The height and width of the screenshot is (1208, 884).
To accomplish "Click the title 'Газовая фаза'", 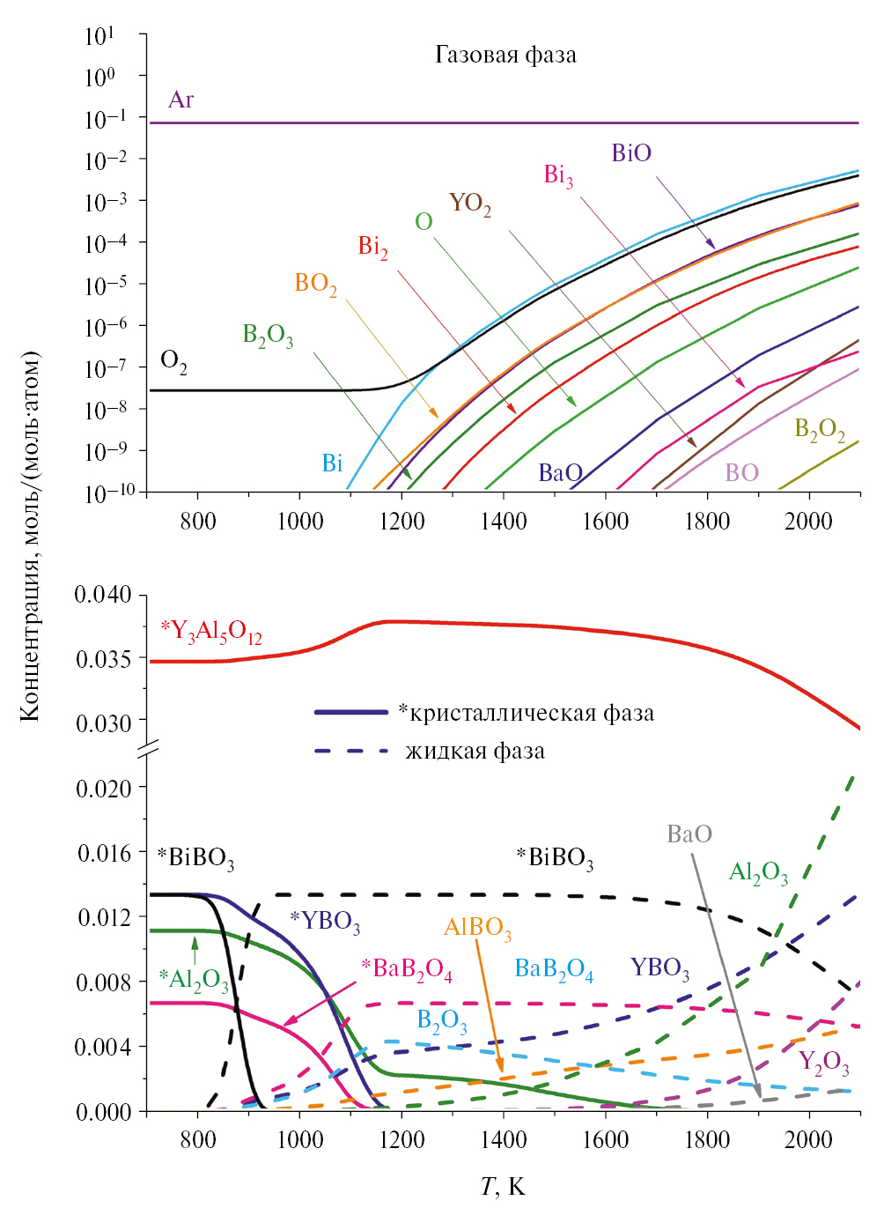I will tap(505, 56).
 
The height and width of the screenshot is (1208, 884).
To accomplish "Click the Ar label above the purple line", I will tap(180, 100).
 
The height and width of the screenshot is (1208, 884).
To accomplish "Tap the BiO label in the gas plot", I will tap(631, 153).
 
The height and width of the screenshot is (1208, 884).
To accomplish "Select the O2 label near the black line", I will tap(173, 361).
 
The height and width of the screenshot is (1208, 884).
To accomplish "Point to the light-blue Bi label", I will tap(332, 463).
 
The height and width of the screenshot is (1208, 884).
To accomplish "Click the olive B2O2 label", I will tap(819, 430).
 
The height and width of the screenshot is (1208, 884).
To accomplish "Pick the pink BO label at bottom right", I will tap(741, 473).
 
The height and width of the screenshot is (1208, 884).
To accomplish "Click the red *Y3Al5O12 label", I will tap(211, 632).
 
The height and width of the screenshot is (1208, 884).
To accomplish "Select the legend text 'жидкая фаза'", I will tap(475, 752).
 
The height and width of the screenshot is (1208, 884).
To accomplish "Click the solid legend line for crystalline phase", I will tap(351, 712).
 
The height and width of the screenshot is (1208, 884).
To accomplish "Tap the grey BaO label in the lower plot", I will tap(689, 834).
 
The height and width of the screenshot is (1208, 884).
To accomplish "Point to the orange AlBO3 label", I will tap(477, 929).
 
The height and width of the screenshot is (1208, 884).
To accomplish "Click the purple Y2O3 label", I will tap(823, 1062).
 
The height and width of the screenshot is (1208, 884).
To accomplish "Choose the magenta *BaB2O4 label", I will tap(407, 970).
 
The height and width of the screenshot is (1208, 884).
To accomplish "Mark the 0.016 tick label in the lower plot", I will tap(104, 853).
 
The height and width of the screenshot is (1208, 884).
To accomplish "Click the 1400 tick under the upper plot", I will tap(503, 522).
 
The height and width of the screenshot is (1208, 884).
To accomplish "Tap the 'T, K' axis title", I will tap(503, 1186).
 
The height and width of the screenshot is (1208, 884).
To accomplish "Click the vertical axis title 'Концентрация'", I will tap(31, 537).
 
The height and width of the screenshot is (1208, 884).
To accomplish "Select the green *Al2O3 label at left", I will tap(194, 980).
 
